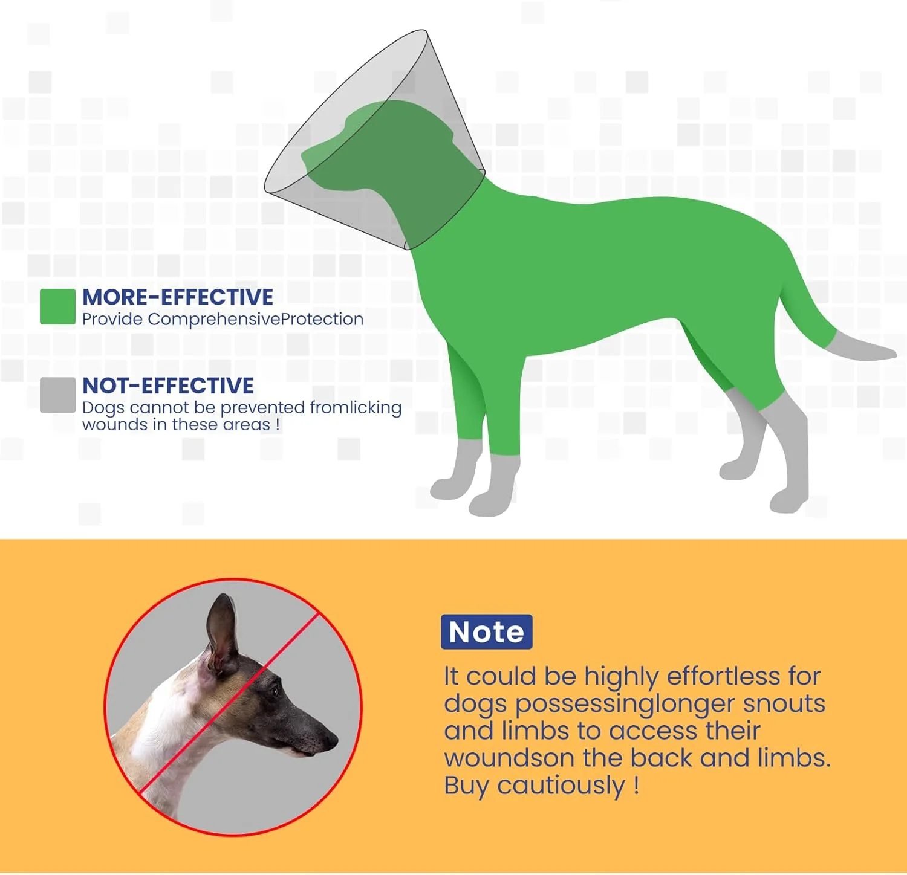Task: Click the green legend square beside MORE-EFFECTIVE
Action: pyautogui.click(x=57, y=306)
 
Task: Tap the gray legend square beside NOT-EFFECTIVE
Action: pyautogui.click(x=57, y=395)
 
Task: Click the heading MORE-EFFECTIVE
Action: pyautogui.click(x=178, y=297)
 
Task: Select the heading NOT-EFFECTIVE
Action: pyautogui.click(x=168, y=386)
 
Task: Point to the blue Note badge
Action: pyautogui.click(x=487, y=632)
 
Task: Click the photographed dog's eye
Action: pyautogui.click(x=275, y=691)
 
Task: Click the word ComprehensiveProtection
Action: pyautogui.click(x=256, y=319)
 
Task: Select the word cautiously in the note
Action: pyautogui.click(x=561, y=786)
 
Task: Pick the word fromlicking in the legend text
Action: pyautogui.click(x=356, y=408)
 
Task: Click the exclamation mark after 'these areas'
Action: pyautogui.click(x=278, y=425)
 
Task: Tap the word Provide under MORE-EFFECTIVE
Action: pyautogui.click(x=112, y=319)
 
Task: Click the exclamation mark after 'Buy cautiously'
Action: pyautogui.click(x=636, y=785)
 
